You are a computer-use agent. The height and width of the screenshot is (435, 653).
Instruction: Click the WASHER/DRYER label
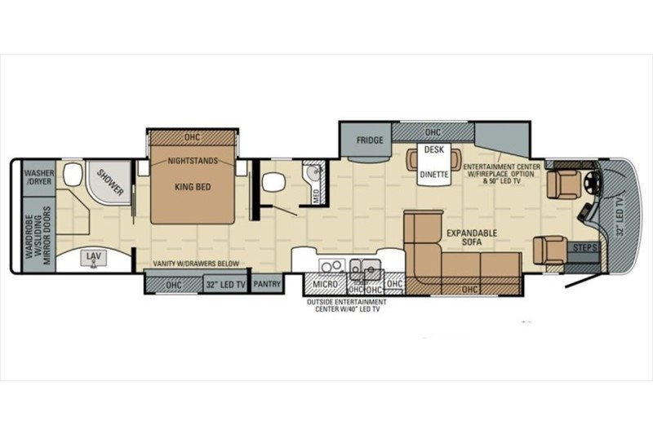pyautogui.click(x=38, y=178)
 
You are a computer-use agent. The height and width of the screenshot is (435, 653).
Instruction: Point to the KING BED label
pyautogui.click(x=193, y=187)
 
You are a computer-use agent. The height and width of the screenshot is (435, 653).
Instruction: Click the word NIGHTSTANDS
pyautogui.click(x=193, y=162)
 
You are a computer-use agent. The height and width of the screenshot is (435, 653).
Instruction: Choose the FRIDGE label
pyautogui.click(x=370, y=140)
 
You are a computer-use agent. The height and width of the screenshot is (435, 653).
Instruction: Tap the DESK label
pyautogui.click(x=433, y=149)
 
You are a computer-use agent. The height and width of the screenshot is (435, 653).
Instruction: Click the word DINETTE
pyautogui.click(x=433, y=174)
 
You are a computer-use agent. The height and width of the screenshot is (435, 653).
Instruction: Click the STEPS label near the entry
pyautogui.click(x=583, y=246)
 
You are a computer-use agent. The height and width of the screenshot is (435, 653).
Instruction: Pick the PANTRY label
pyautogui.click(x=266, y=284)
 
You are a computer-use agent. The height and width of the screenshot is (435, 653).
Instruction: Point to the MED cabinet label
pyautogui.click(x=317, y=195)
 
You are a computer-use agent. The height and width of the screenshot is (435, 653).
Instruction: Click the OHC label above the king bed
pyautogui.click(x=193, y=137)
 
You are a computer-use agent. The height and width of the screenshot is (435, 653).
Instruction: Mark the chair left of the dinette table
pyautogui.click(x=411, y=161)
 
